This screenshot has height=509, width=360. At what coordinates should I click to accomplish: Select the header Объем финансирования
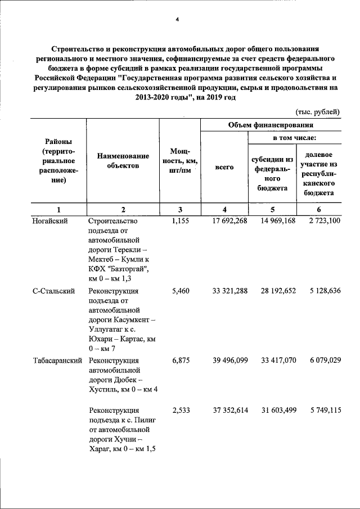271,125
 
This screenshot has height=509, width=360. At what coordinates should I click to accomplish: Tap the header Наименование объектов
123,161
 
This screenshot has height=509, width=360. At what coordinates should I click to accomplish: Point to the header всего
224,167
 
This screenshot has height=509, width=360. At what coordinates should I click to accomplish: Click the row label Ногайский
50,221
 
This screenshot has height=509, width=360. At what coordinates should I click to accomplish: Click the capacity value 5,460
182,291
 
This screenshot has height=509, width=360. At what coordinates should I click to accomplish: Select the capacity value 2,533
182,411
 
